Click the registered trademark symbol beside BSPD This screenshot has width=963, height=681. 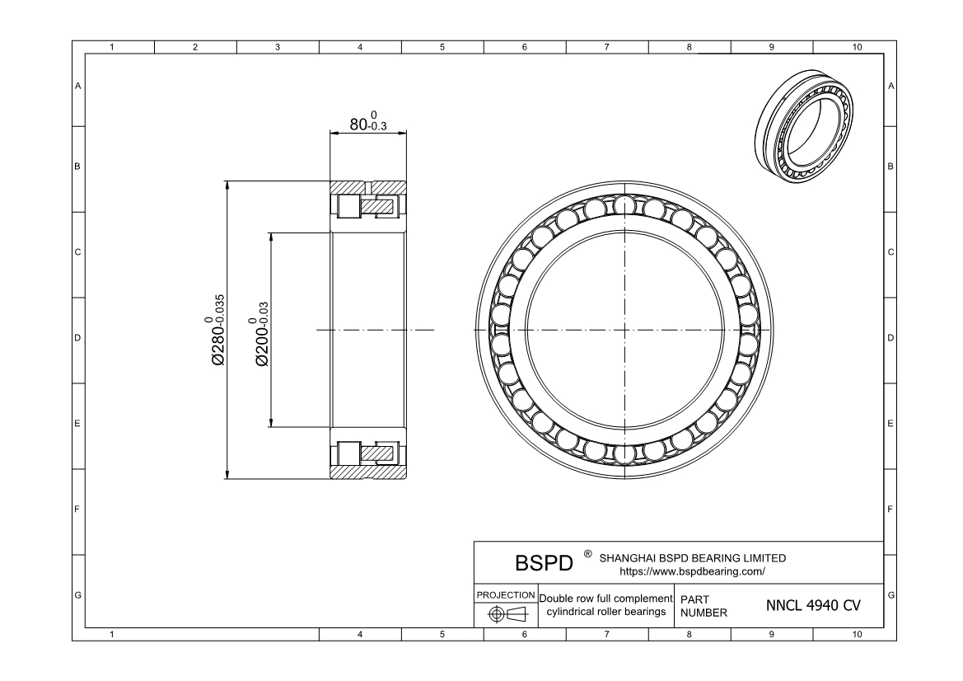[587, 554]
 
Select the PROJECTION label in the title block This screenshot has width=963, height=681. [506, 594]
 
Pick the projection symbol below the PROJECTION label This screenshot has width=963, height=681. [506, 614]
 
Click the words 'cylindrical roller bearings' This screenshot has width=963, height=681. [605, 612]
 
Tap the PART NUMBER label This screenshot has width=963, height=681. [704, 606]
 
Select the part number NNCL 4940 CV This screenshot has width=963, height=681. [813, 606]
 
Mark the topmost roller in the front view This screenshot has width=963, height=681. [624, 204]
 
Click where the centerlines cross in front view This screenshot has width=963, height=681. [624, 331]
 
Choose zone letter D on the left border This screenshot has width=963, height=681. [78, 338]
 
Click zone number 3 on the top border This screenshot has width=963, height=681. [278, 47]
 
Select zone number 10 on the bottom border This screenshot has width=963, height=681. [857, 635]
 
